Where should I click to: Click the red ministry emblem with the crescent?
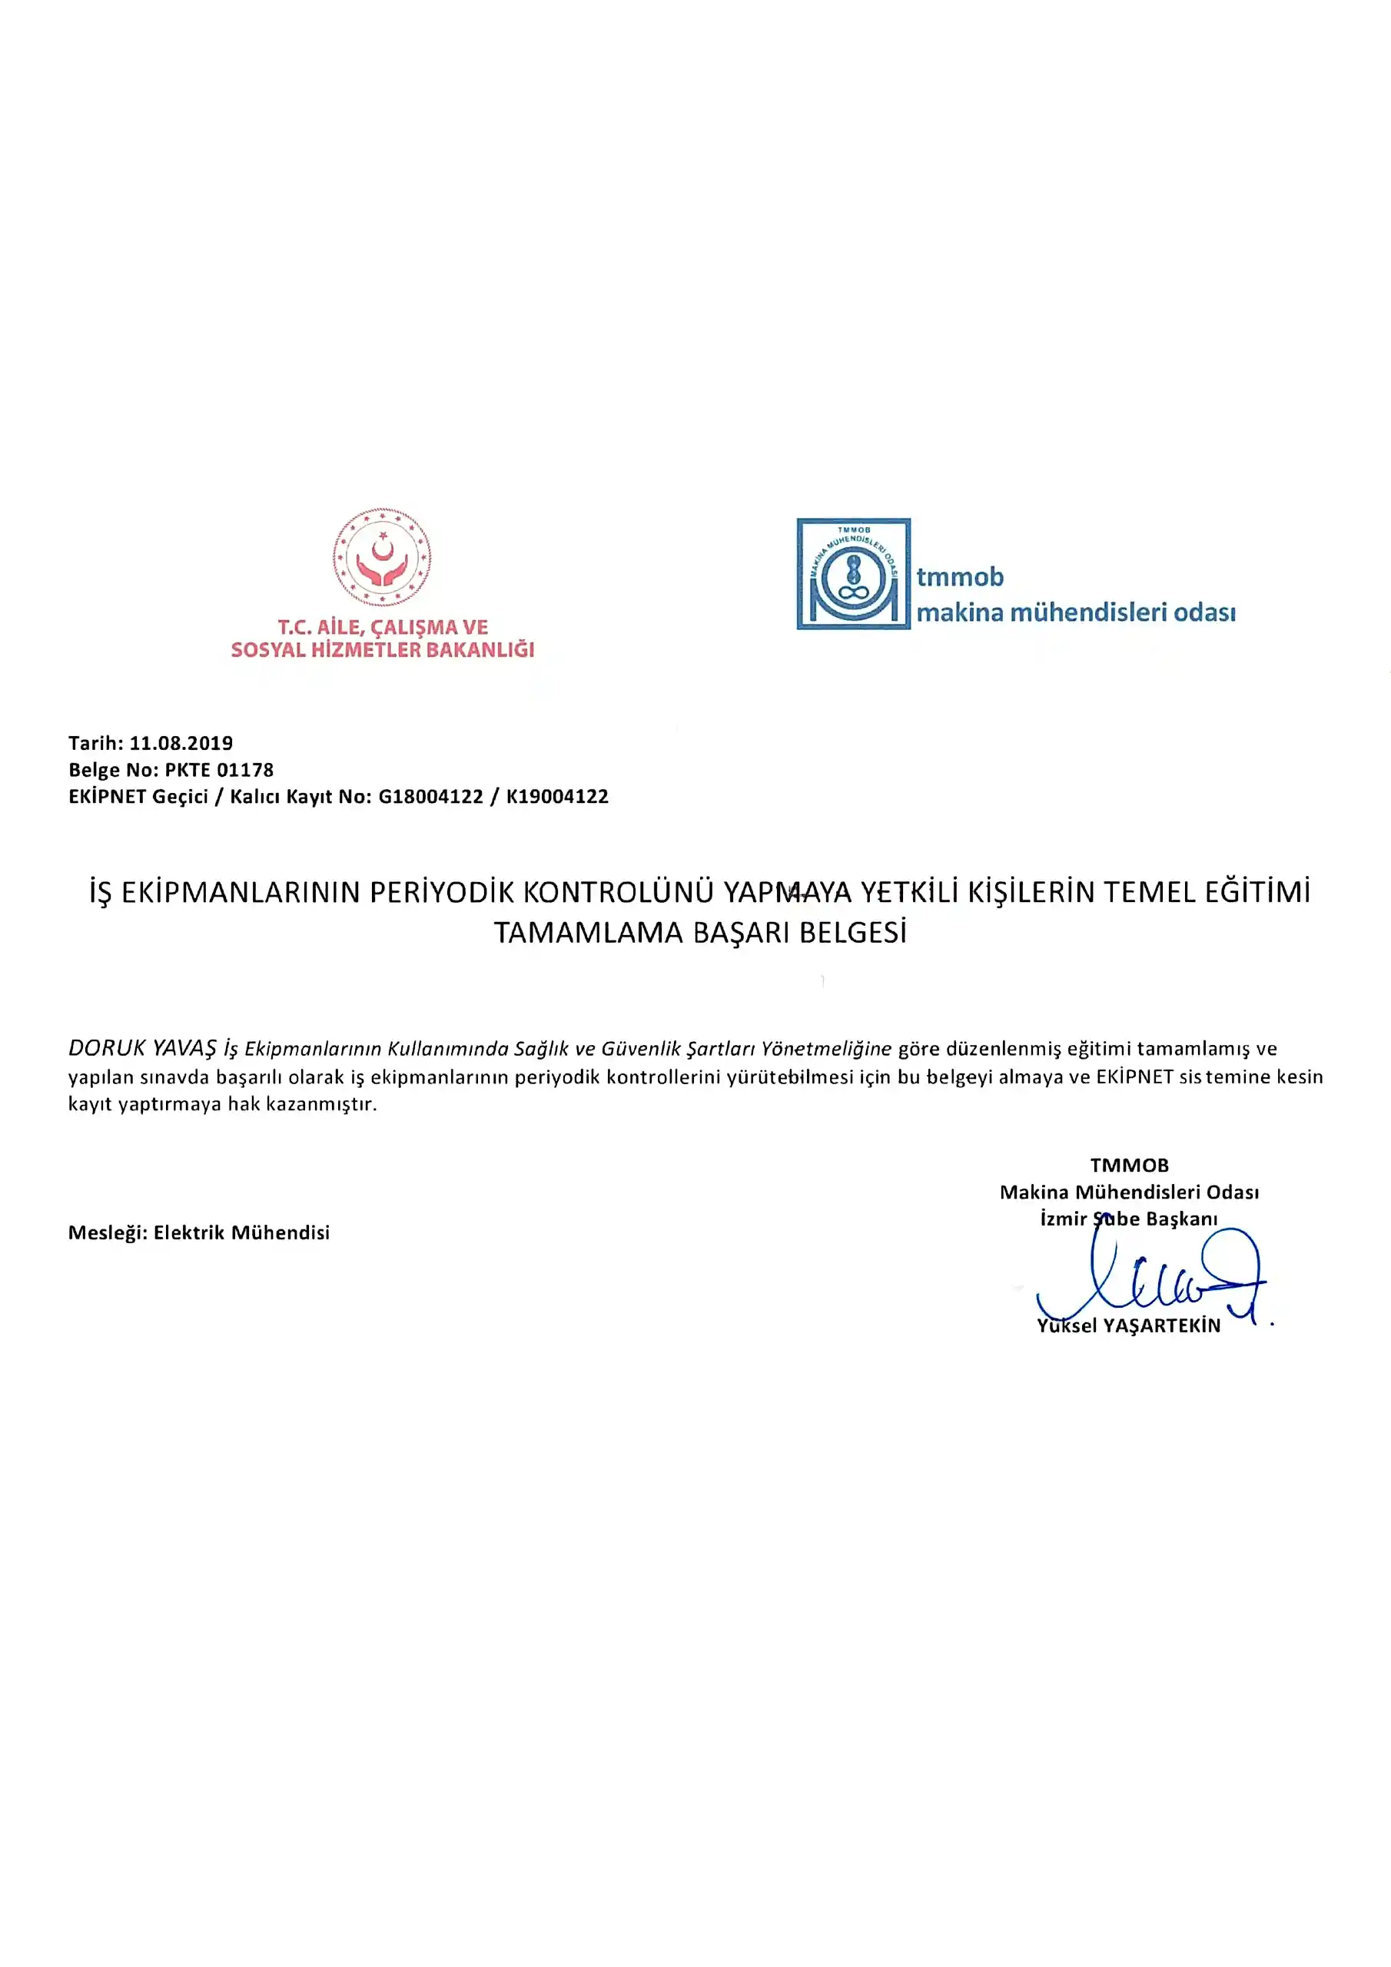[x=381, y=557]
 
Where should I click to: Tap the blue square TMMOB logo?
[x=853, y=573]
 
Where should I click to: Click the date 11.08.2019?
[x=181, y=743]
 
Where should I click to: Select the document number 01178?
[x=245, y=769]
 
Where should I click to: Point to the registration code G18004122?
[x=430, y=796]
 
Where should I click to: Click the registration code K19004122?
[x=557, y=796]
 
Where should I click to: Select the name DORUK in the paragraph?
[x=106, y=1048]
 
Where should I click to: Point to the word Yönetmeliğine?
[x=826, y=1049]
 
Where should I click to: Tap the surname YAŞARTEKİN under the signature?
[x=1161, y=1325]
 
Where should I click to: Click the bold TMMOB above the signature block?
[x=1129, y=1165]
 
